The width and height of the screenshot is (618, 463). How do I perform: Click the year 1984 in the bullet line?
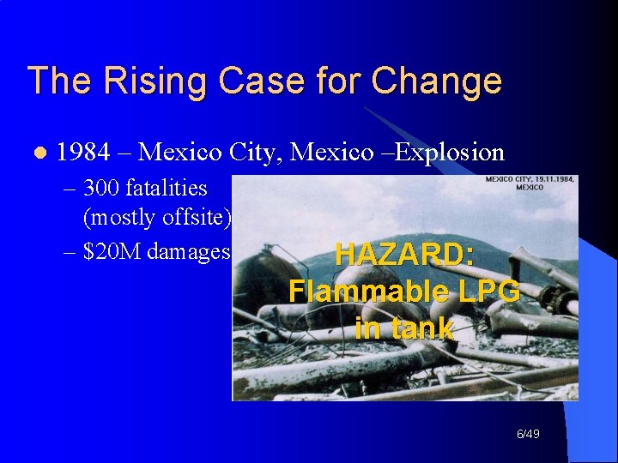83,153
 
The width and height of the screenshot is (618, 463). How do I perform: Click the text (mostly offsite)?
157,218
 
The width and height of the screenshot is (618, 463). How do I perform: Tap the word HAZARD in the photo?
403,255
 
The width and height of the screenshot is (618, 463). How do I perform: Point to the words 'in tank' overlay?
403,328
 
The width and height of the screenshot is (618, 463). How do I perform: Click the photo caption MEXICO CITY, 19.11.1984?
530,179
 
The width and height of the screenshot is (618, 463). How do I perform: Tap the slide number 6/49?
528,436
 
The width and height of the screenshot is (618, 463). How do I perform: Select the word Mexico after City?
327,153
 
